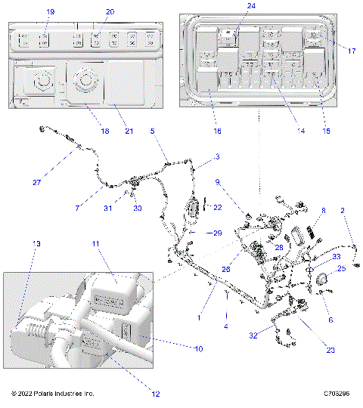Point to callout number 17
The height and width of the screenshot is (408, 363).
(352, 51)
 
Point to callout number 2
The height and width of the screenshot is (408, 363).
(343, 212)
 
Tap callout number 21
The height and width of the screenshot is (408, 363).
(129, 131)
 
